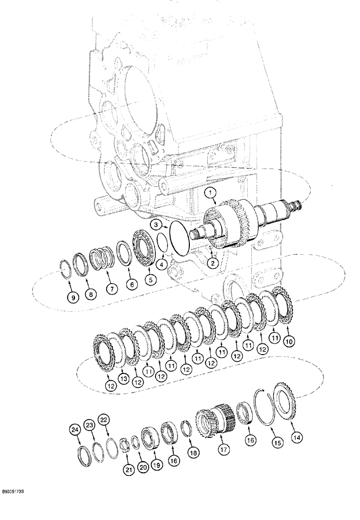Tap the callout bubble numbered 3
click(156, 224)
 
